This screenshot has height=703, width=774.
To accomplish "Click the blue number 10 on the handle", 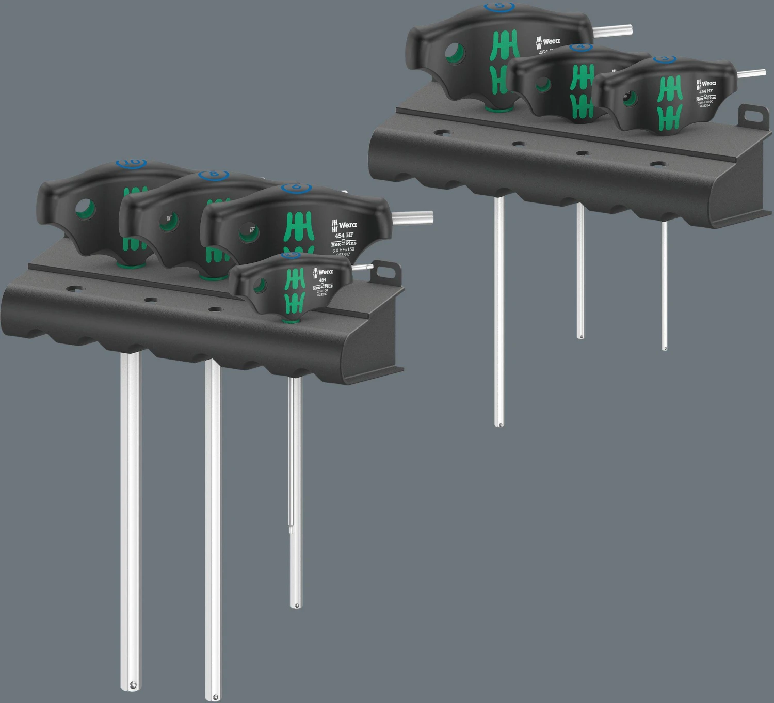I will pyautogui.click(x=131, y=163).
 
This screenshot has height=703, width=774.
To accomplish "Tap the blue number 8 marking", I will pyautogui.click(x=213, y=175).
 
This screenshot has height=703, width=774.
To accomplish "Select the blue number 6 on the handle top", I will pyautogui.click(x=296, y=188).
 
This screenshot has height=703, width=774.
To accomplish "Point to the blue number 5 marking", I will pyautogui.click(x=499, y=7).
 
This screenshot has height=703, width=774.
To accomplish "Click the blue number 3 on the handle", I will pyautogui.click(x=664, y=59).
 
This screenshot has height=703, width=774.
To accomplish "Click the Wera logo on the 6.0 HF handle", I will pyautogui.click(x=344, y=225).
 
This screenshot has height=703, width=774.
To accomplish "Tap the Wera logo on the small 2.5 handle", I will pyautogui.click(x=322, y=272).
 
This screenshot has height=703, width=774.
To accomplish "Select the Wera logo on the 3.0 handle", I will pyautogui.click(x=705, y=83).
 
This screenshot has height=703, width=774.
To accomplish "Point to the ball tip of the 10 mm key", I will pyautogui.click(x=133, y=685).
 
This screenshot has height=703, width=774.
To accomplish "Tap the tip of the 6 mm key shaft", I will pyautogui.click(x=295, y=605).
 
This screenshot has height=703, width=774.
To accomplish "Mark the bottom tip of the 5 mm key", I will pyautogui.click(x=498, y=425).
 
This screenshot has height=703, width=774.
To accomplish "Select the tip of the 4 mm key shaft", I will pyautogui.click(x=581, y=336).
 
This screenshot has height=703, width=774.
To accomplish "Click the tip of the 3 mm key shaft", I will pyautogui.click(x=664, y=348).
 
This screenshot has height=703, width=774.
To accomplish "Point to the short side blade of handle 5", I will pyautogui.click(x=612, y=30).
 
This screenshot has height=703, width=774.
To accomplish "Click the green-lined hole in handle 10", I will pyautogui.click(x=86, y=209).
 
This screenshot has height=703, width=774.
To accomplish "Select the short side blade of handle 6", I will pyautogui.click(x=413, y=217).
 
